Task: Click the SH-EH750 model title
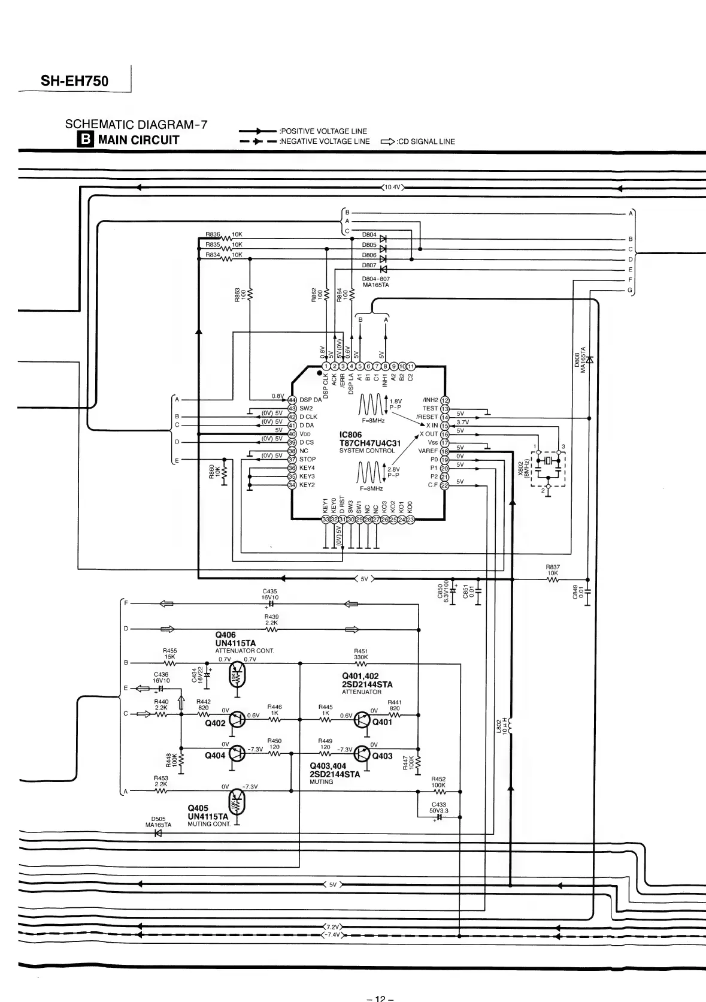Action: coord(74,81)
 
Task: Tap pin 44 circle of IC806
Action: coord(292,400)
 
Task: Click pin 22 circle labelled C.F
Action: coord(444,485)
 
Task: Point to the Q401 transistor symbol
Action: coord(362,720)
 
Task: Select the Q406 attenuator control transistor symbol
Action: coord(238,675)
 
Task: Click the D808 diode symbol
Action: coord(589,360)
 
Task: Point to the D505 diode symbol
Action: coord(159,833)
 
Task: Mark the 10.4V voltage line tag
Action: coord(392,188)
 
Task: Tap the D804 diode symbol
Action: coord(383,239)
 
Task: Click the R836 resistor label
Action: coord(213,234)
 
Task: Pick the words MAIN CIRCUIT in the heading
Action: coord(139,140)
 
